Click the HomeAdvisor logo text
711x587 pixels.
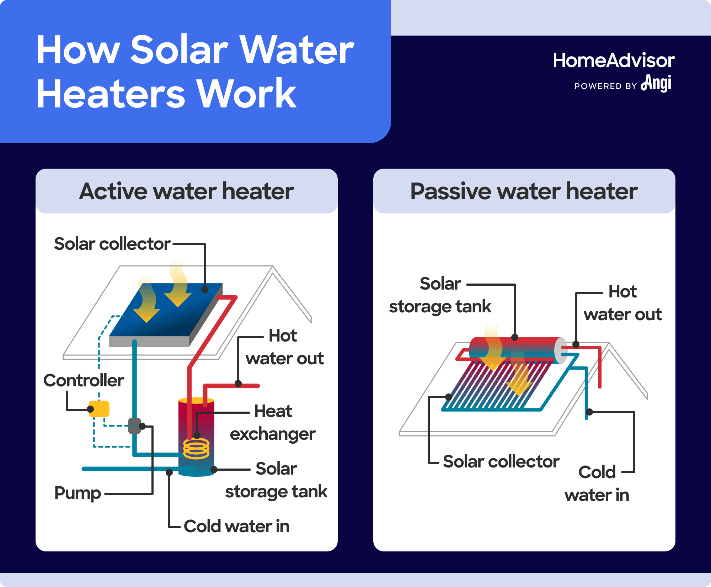pos(614,60)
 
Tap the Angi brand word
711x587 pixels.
pos(656,83)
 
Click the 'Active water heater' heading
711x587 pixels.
pos(186,191)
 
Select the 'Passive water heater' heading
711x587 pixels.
pos(524,191)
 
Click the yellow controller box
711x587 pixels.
pos(99,409)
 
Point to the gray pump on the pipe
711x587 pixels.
pos(134,426)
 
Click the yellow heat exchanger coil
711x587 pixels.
pos(196,449)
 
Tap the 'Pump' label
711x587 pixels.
pos(77,493)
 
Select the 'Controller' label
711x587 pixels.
pos(84,380)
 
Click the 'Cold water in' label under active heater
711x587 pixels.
pos(237,526)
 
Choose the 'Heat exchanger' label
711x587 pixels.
pos(273,423)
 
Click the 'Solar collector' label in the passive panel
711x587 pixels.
pos(501,462)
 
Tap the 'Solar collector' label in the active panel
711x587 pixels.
pos(112,244)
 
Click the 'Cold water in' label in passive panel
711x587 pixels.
pos(597,484)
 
